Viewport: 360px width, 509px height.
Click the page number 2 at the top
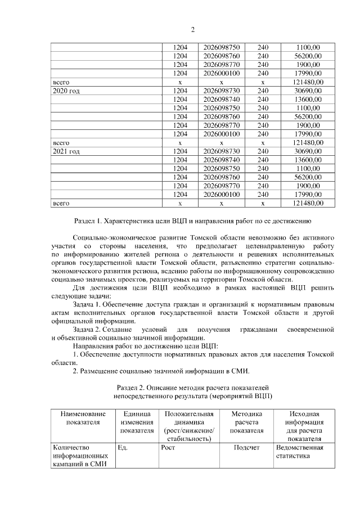point(192,29)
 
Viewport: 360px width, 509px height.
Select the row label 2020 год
point(66,90)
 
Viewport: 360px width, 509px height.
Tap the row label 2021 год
point(66,151)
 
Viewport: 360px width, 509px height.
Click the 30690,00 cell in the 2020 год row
point(308,90)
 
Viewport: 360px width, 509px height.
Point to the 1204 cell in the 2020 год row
point(179,90)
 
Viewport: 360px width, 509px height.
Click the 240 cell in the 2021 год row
point(263,151)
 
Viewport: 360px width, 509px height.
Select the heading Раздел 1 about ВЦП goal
point(192,221)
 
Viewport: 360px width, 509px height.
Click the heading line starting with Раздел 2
point(192,388)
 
